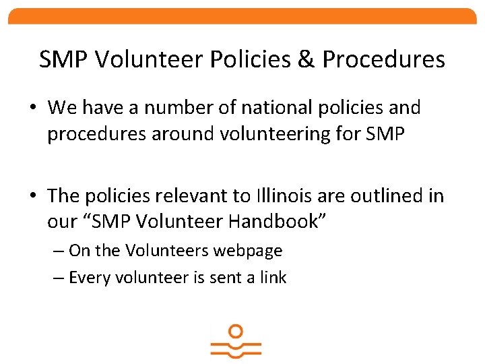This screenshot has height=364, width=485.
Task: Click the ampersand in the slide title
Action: click(x=306, y=59)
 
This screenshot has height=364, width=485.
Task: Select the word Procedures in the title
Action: click(x=383, y=59)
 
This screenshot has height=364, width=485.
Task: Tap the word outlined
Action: click(x=394, y=195)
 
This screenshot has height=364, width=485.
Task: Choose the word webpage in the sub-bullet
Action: click(x=249, y=251)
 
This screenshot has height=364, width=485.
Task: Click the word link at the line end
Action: click(x=273, y=277)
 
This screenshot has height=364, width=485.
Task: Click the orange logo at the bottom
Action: click(x=236, y=342)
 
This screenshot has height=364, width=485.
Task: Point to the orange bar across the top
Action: click(x=243, y=16)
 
